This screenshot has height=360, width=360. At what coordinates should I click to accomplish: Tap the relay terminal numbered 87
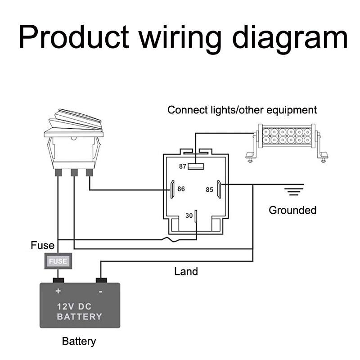(x=196, y=166)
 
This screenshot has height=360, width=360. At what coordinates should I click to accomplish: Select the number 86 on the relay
(x=181, y=189)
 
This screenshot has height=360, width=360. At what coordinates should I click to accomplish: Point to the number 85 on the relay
(x=209, y=189)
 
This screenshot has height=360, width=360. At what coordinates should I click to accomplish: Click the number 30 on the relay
(x=189, y=216)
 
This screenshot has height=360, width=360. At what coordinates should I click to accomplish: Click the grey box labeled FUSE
(x=58, y=261)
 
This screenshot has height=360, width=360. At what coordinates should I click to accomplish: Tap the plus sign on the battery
(x=58, y=291)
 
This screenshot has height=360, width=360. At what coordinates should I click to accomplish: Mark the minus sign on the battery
(x=100, y=291)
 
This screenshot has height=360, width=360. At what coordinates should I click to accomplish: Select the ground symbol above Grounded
(x=293, y=190)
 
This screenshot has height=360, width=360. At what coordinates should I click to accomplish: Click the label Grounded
(x=292, y=210)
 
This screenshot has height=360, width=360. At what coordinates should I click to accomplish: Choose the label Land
(x=186, y=271)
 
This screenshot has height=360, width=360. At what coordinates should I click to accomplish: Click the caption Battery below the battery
(x=79, y=341)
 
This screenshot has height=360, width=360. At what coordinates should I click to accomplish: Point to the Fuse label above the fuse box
(x=42, y=246)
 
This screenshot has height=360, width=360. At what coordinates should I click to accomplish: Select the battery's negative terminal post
(x=101, y=280)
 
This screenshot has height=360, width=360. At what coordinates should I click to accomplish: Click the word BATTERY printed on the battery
(x=79, y=316)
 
